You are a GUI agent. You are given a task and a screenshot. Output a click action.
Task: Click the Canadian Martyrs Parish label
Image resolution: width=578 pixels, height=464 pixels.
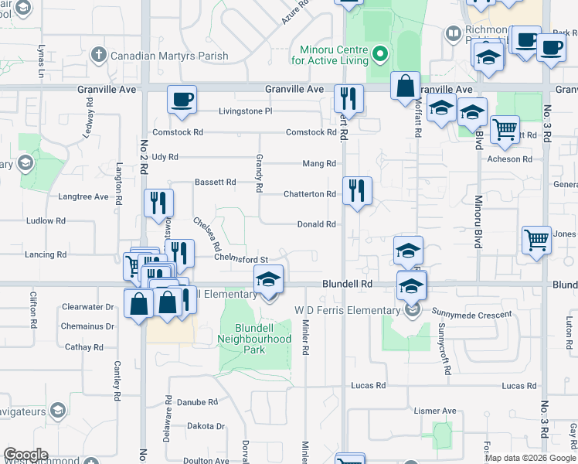(169, 56)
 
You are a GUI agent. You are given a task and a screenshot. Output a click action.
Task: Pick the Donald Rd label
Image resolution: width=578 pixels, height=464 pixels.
(317, 225)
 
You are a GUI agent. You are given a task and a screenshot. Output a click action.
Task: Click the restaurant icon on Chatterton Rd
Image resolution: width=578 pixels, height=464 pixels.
(357, 190)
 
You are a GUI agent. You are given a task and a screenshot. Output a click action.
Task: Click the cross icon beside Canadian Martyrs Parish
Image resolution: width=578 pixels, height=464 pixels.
(98, 56)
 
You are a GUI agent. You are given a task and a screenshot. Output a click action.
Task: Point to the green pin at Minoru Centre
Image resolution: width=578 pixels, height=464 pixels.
(379, 55)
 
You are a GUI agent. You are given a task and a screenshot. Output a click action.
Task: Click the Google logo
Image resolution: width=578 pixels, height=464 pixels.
(25, 455)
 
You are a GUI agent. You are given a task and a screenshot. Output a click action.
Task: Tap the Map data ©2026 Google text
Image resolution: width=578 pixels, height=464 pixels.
(530, 458)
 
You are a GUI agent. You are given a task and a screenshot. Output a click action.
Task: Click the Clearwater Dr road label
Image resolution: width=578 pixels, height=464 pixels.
(88, 307)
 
